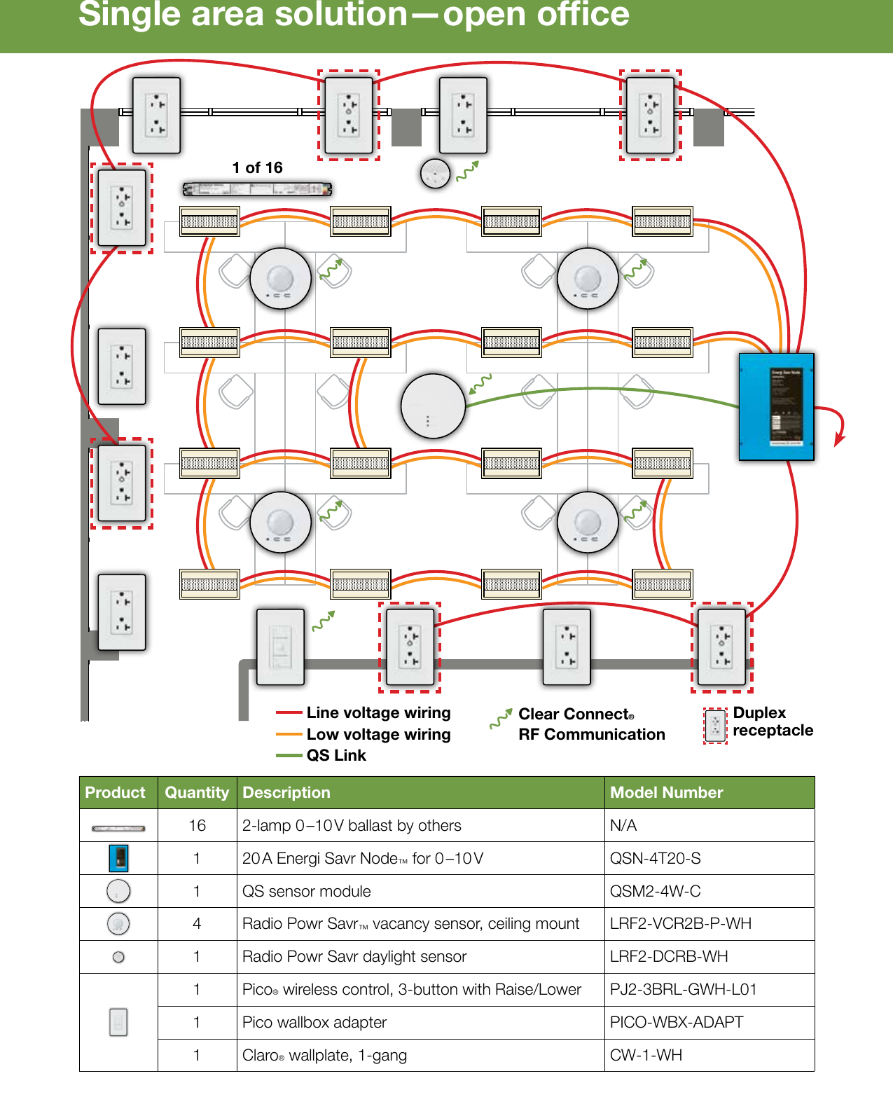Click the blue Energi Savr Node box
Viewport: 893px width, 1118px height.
tap(776, 406)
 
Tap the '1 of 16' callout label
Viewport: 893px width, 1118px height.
tap(257, 167)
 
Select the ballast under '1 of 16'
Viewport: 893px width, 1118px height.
tap(257, 189)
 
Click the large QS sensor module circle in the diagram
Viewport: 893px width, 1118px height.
tap(433, 406)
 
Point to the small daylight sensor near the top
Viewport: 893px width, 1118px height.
tap(435, 174)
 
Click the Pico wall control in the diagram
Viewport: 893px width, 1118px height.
tap(280, 647)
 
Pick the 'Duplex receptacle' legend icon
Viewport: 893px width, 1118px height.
tap(715, 725)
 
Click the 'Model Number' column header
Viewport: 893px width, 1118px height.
tap(666, 792)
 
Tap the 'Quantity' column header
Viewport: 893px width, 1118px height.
tap(197, 792)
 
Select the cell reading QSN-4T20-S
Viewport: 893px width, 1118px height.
tap(655, 858)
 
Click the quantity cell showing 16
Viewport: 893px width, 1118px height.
tap(197, 825)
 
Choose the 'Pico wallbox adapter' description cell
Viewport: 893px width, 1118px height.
tap(314, 1022)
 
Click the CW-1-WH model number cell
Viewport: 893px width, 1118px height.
tap(645, 1055)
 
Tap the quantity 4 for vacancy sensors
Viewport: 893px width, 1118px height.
tap(197, 923)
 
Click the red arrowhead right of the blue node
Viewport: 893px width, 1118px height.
tap(838, 441)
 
